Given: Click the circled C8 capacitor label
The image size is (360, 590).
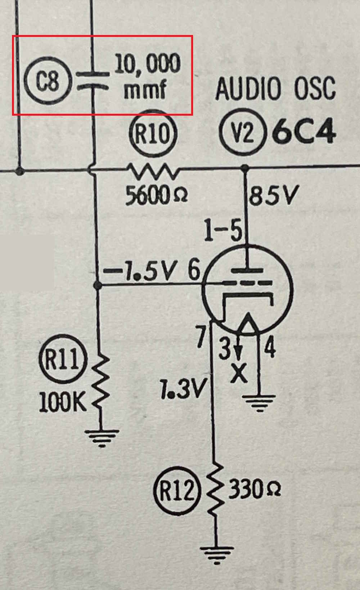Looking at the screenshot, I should (x=48, y=80).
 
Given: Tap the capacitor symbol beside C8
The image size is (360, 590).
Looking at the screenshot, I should (x=93, y=80).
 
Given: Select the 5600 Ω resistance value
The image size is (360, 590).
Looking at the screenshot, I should (x=156, y=196).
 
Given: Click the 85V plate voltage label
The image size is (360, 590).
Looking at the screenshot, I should (x=273, y=196).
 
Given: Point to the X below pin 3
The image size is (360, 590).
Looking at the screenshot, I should (x=238, y=374).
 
